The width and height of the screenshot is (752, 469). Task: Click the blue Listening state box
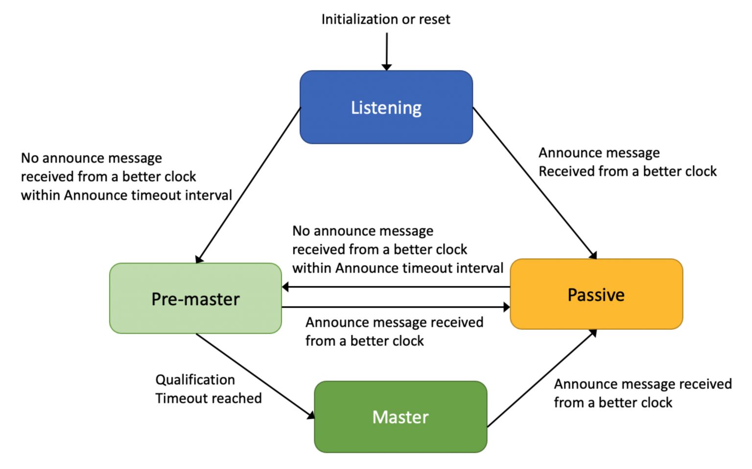click(x=343, y=127)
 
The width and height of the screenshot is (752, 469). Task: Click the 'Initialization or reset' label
click(x=385, y=19)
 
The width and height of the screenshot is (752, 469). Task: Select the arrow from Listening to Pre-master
click(x=247, y=186)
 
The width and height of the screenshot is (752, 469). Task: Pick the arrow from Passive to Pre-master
click(x=397, y=287)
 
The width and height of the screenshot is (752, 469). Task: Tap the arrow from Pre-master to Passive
click(x=397, y=307)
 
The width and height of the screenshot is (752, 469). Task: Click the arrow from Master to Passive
click(x=541, y=379)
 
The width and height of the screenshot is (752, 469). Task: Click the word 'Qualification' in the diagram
click(x=195, y=380)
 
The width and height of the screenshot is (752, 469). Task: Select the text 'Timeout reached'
click(x=209, y=399)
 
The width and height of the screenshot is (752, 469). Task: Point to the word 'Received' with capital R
click(x=559, y=172)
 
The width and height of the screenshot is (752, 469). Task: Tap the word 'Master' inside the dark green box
click(x=400, y=417)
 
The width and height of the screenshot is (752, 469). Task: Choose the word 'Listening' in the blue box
click(x=386, y=108)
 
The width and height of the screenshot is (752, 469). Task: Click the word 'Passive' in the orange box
click(x=596, y=295)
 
